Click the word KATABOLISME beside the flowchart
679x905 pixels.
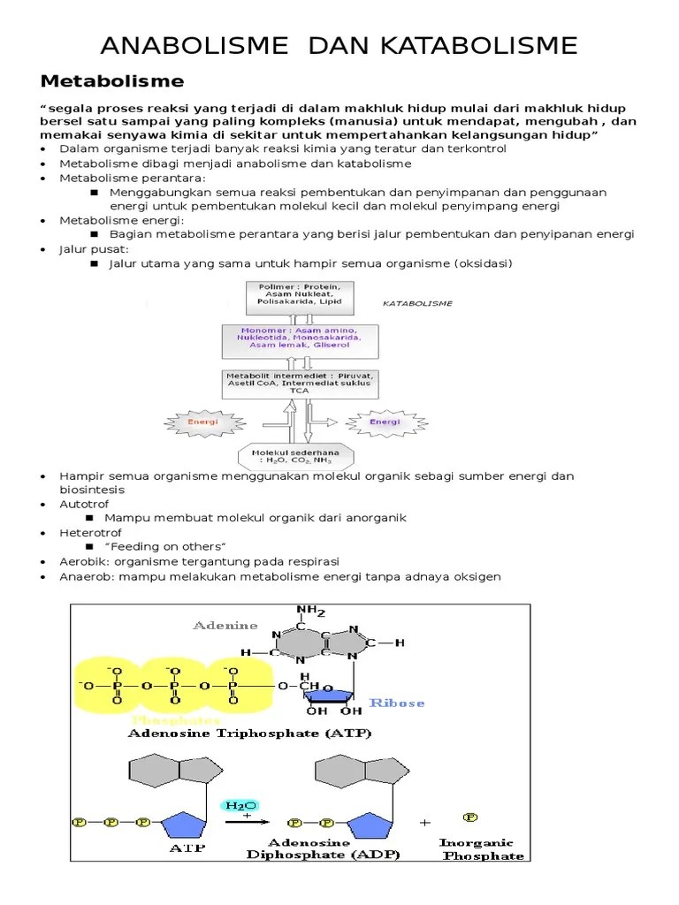coord(417,303)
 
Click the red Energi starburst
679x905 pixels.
coord(202,422)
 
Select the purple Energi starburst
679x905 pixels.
coord(385,422)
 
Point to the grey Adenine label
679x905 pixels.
coord(225,625)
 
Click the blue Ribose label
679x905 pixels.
coord(397,703)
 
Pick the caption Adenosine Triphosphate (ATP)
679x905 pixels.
coord(250,734)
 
